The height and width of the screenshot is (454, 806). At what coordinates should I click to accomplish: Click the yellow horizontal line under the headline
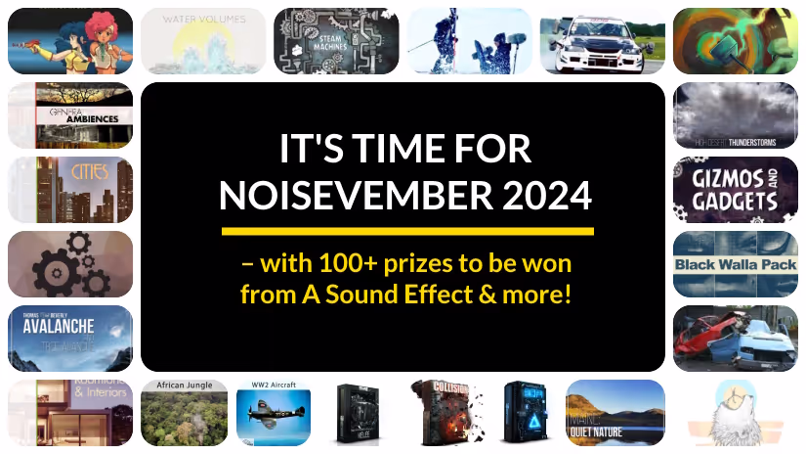pos(407,232)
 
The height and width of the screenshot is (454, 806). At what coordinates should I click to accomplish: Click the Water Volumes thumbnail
pos(203,41)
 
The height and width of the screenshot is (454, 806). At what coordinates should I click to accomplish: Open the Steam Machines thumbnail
pos(336,41)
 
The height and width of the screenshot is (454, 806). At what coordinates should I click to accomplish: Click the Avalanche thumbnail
pos(69,338)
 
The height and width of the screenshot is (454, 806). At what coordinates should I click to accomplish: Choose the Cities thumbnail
pos(69,189)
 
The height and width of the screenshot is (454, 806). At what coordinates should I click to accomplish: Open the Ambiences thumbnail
pos(69,114)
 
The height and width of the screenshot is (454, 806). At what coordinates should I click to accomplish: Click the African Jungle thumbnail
pos(185,413)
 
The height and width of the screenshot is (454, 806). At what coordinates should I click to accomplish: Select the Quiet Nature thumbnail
pos(615,413)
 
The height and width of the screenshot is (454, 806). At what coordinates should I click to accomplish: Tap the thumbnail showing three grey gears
pos(69,264)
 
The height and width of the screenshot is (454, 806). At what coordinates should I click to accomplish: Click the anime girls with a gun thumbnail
pos(69,41)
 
